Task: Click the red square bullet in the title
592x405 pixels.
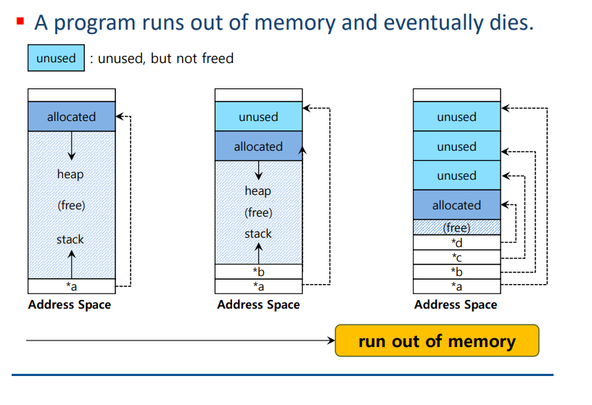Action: click(x=20, y=21)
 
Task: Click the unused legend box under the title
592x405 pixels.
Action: click(x=56, y=58)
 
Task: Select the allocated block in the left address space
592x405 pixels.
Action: click(x=71, y=117)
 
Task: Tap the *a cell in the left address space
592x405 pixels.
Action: click(x=71, y=286)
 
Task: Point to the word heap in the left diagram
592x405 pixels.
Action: click(x=70, y=174)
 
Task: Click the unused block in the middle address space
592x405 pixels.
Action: click(x=258, y=117)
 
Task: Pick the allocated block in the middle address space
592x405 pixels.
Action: click(x=258, y=146)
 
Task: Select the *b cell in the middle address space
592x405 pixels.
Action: click(x=258, y=272)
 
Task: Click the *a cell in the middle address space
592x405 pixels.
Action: click(x=258, y=286)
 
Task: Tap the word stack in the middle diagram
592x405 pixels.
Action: click(x=258, y=234)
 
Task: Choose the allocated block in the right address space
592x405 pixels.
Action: click(x=457, y=205)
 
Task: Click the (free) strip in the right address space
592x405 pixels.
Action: click(x=457, y=227)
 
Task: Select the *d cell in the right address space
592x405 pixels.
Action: click(x=457, y=243)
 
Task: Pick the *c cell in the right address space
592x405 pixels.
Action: click(x=457, y=257)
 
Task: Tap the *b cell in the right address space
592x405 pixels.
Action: click(x=457, y=272)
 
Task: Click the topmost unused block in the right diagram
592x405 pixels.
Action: click(x=457, y=117)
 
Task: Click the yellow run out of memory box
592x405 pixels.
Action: click(x=437, y=341)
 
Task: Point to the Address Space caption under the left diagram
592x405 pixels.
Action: click(x=70, y=304)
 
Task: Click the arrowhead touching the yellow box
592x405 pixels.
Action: click(x=332, y=341)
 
